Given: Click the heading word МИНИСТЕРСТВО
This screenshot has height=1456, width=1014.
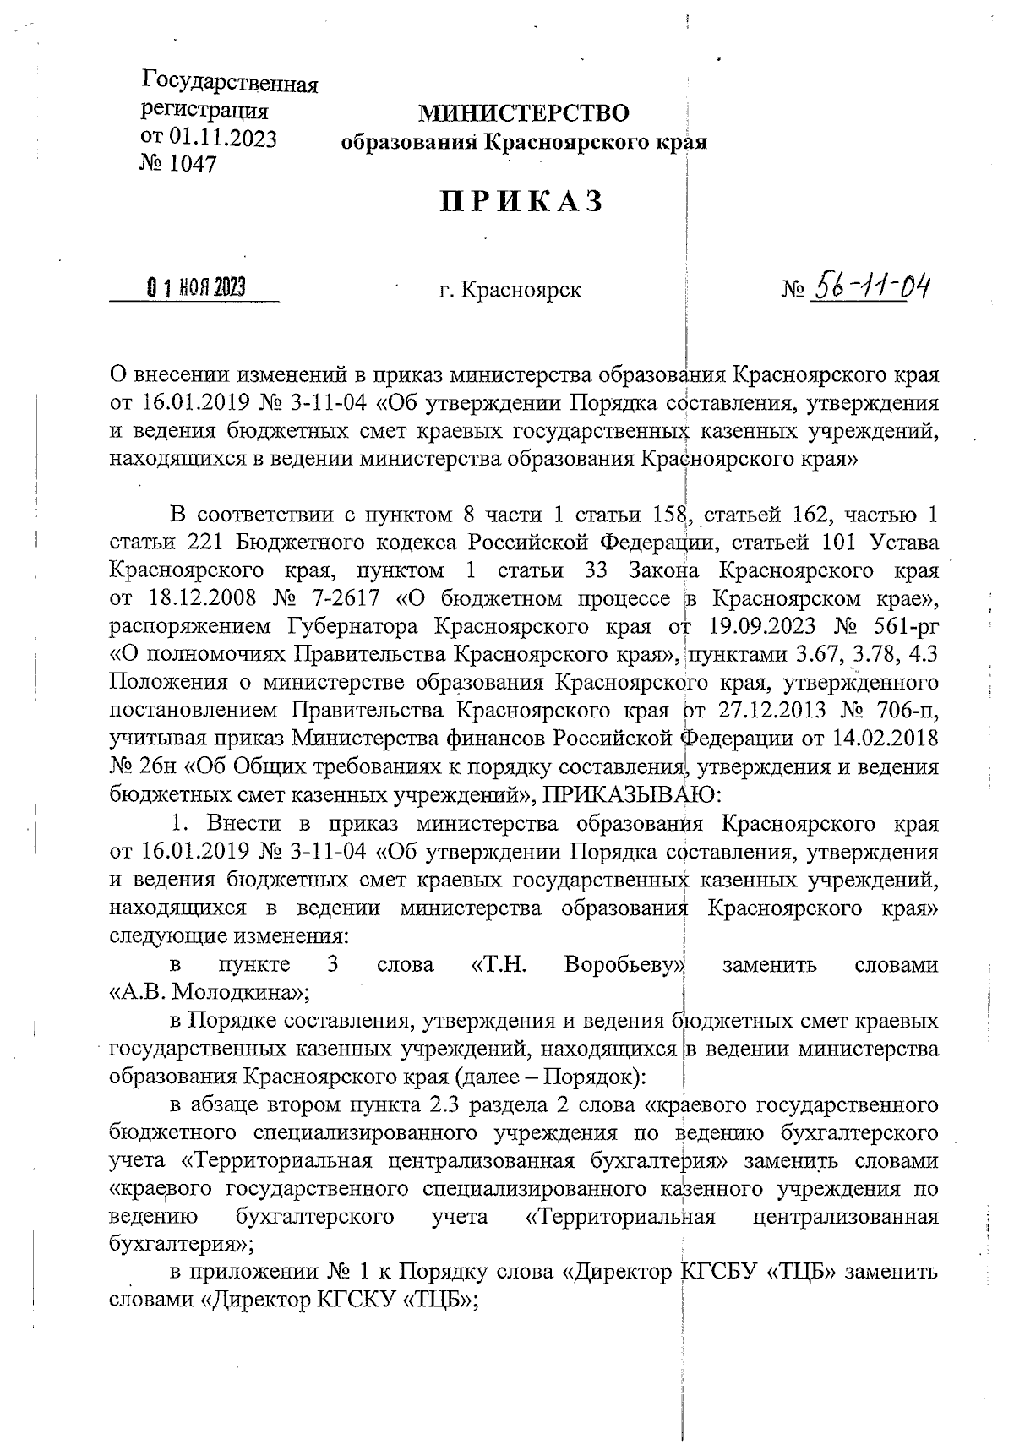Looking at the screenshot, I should tap(524, 113).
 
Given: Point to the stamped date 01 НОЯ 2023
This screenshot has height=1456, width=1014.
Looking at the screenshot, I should tap(196, 289).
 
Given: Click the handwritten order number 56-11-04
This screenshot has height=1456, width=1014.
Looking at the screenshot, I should tap(868, 289).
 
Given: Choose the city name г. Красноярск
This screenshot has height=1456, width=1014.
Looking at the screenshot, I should tap(510, 291).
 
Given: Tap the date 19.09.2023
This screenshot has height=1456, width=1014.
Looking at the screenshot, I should tap(755, 627).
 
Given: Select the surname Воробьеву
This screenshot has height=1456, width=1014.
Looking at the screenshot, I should tap(624, 965).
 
